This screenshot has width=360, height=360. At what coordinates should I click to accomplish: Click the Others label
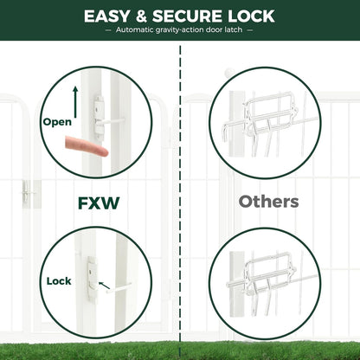(x=269, y=202)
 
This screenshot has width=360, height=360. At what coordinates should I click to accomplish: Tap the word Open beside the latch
(x=57, y=122)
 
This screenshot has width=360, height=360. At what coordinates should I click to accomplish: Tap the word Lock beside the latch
(x=59, y=281)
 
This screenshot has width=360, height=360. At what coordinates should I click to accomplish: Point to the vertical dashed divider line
(x=181, y=199)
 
